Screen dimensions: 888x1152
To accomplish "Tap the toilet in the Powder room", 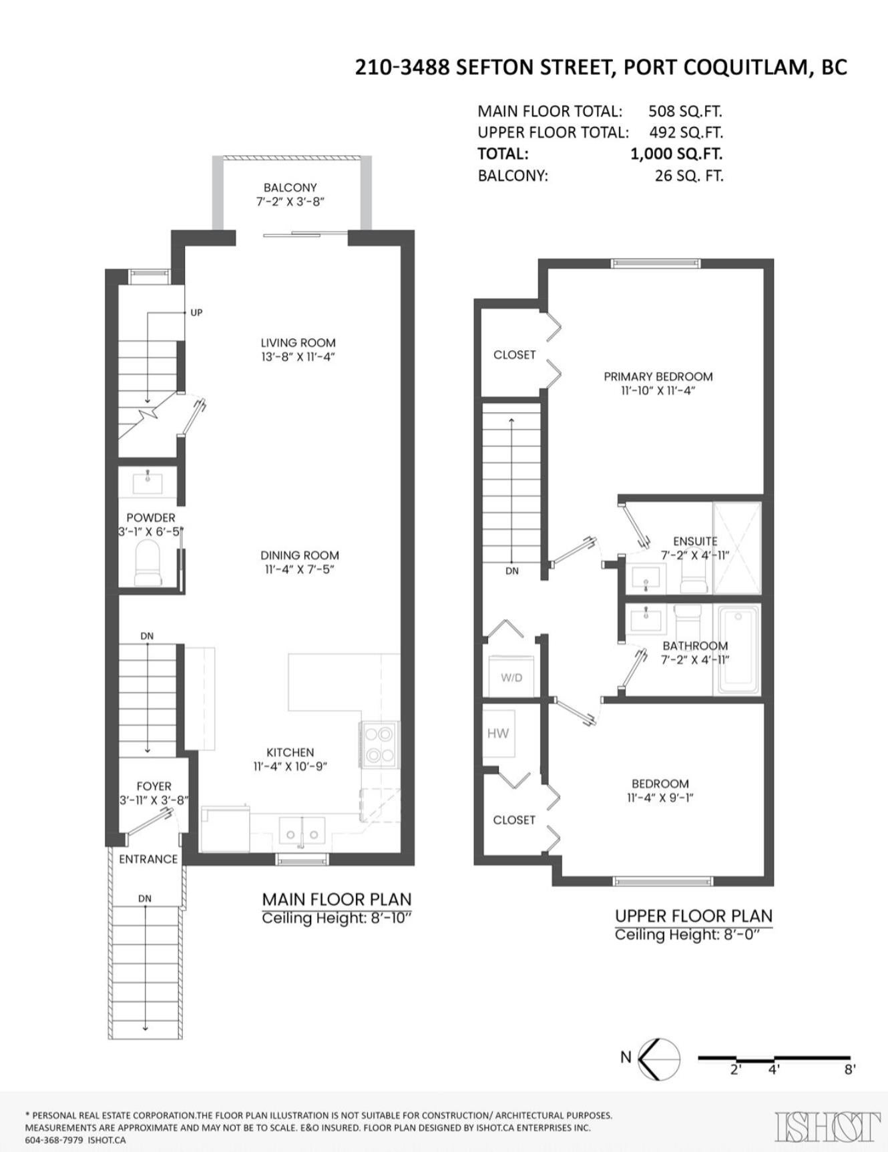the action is (148, 563).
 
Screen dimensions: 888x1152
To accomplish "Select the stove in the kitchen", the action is (379, 744).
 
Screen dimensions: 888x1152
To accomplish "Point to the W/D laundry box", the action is (511, 677).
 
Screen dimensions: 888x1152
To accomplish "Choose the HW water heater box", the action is (499, 733).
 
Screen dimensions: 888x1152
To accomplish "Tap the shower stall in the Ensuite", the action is (737, 547).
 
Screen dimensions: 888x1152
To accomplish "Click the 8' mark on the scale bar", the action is (849, 1069).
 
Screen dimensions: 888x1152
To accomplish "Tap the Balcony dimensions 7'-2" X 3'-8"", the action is (290, 202).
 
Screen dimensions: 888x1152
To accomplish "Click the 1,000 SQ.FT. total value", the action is (676, 154).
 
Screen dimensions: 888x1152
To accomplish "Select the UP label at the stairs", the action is (196, 312).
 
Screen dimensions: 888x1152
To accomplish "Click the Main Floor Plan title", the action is (337, 899).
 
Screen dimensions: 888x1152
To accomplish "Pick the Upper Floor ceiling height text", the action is (688, 934).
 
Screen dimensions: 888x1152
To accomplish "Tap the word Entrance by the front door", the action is (148, 859).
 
